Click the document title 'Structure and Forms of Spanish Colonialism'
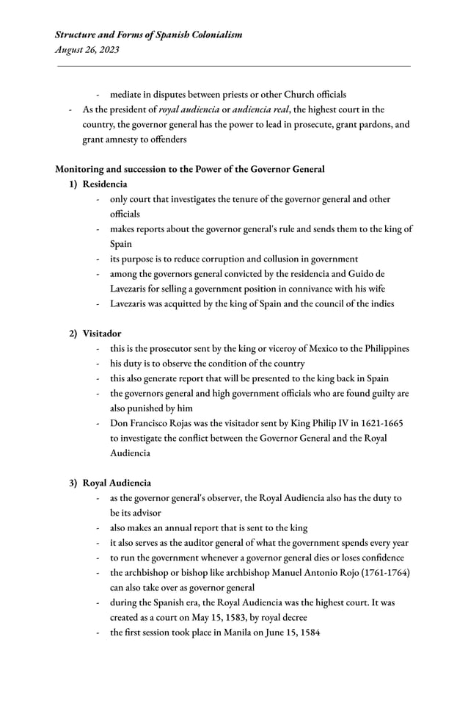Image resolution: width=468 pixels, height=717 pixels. click(149, 35)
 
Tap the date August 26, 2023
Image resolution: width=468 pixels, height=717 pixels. click(87, 50)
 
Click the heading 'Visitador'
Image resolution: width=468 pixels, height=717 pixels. click(102, 334)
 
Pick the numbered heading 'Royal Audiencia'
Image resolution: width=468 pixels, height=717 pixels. click(117, 483)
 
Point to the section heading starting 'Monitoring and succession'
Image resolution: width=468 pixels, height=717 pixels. click(190, 169)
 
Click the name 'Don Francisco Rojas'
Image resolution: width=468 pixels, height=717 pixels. click(154, 423)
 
